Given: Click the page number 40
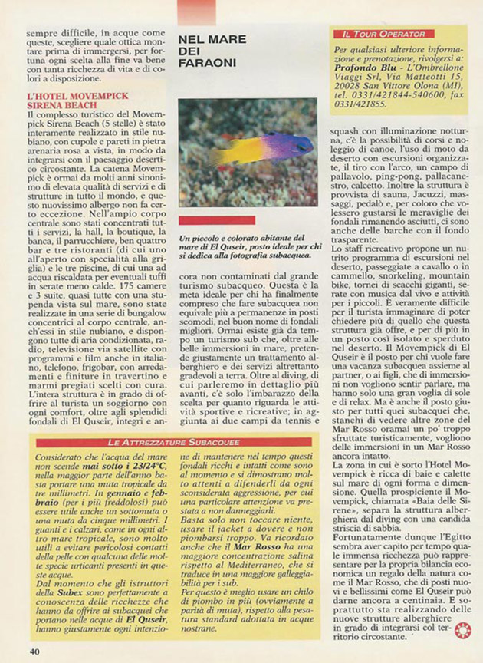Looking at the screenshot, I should coord(34,651).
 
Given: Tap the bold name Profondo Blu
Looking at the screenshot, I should coord(361,77).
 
